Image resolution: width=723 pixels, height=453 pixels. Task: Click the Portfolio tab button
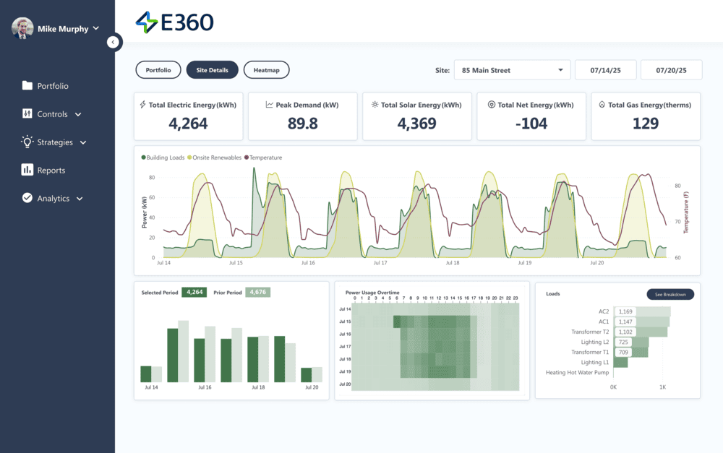point(158,70)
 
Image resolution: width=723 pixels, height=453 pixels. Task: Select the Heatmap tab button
point(266,70)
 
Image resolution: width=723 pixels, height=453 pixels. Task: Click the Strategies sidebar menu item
point(54,142)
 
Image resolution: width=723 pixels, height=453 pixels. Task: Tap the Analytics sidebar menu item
point(53,199)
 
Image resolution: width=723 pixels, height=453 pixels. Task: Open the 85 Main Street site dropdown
point(512,70)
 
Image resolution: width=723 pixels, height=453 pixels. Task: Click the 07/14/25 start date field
point(604,70)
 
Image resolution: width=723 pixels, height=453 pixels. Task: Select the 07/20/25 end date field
point(670,70)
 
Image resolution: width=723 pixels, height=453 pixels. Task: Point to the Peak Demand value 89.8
point(302,124)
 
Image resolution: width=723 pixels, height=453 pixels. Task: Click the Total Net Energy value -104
point(531,124)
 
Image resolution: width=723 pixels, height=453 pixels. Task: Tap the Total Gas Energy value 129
point(645,124)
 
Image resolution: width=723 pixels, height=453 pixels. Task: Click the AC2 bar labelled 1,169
point(642,311)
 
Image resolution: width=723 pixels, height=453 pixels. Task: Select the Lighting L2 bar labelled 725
point(630,342)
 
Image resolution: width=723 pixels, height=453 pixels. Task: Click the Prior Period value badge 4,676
point(258,293)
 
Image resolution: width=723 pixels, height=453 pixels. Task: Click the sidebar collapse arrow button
point(113,42)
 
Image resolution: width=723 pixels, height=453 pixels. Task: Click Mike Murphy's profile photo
point(22,29)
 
